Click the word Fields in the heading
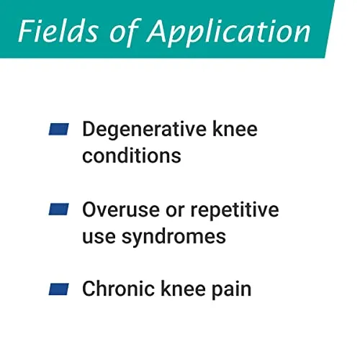pyautogui.click(x=58, y=31)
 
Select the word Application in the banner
pyautogui.click(x=228, y=33)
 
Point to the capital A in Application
pyautogui.click(x=161, y=30)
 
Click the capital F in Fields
pyautogui.click(x=27, y=31)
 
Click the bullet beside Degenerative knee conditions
pyautogui.click(x=59, y=129)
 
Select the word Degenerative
pyautogui.click(x=145, y=130)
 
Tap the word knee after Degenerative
pyautogui.click(x=235, y=129)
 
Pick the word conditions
pyautogui.click(x=132, y=156)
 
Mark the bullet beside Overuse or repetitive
pyautogui.click(x=59, y=210)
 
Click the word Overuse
pyautogui.click(x=121, y=210)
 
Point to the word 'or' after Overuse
pyautogui.click(x=175, y=211)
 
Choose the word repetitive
pyautogui.click(x=235, y=210)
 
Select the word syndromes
pyautogui.click(x=174, y=238)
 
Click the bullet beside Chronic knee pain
pyautogui.click(x=59, y=289)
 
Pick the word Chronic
pyautogui.click(x=118, y=289)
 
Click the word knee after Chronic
pyautogui.click(x=183, y=289)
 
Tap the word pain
pyautogui.click(x=231, y=289)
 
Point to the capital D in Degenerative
pyautogui.click(x=89, y=129)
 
